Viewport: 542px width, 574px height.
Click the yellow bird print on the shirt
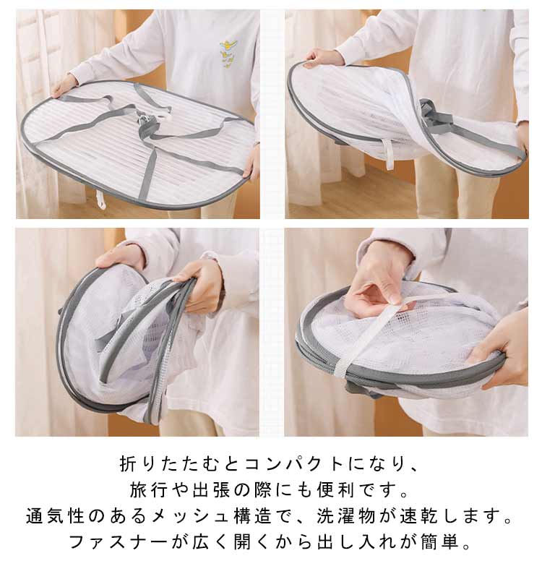click(229, 53)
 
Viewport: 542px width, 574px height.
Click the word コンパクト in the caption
click(294, 465)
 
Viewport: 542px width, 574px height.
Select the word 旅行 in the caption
click(149, 490)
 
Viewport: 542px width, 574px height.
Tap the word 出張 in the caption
click(212, 490)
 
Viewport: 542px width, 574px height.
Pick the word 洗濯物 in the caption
click(346, 516)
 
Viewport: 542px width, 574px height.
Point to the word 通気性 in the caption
click(55, 516)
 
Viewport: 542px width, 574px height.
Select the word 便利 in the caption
click(335, 490)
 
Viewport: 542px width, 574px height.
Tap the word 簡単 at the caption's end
click(440, 542)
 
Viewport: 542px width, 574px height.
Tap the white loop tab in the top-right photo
click(390, 154)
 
